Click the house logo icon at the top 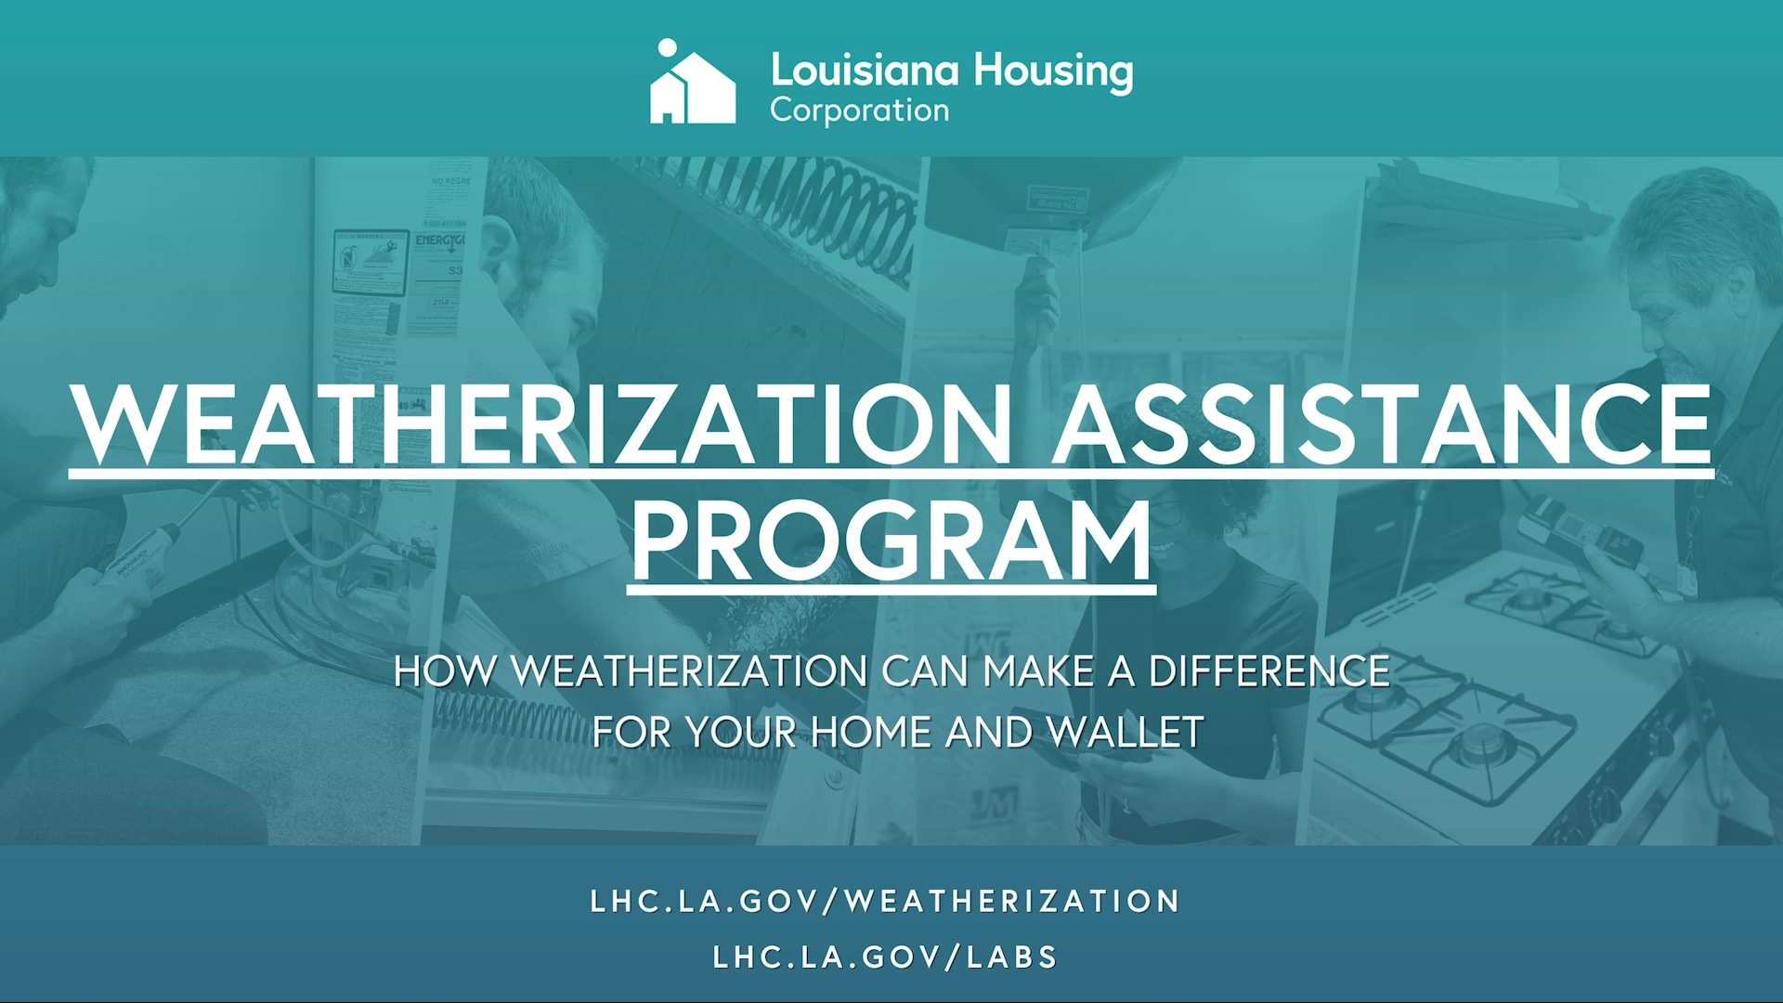pyautogui.click(x=692, y=84)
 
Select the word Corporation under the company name pyautogui.click(x=859, y=111)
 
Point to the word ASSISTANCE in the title pyautogui.click(x=1381, y=425)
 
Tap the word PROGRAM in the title pyautogui.click(x=891, y=541)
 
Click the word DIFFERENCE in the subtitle pyautogui.click(x=1269, y=671)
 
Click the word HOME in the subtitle pyautogui.click(x=872, y=733)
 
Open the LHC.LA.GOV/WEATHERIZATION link pyautogui.click(x=885, y=901)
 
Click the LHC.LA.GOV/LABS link pyautogui.click(x=885, y=957)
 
